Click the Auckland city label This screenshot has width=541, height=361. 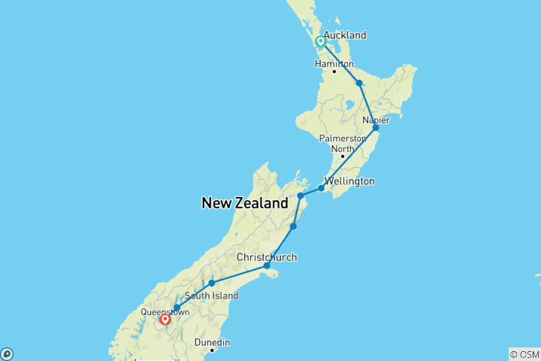[345, 35]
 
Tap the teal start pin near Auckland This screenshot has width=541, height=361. [321, 42]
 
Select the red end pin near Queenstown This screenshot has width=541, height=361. [165, 320]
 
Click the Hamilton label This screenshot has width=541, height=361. [334, 64]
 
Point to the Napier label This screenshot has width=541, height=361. [376, 120]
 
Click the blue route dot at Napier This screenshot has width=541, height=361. [376, 128]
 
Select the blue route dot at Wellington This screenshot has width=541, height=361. [321, 188]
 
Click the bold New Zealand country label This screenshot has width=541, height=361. [244, 203]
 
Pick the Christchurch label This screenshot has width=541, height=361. [267, 257]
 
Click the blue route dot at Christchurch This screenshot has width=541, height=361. [267, 265]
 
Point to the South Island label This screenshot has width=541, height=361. [217, 296]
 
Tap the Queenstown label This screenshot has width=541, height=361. [165, 311]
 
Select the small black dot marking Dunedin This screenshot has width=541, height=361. [213, 350]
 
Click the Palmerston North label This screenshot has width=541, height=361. [342, 143]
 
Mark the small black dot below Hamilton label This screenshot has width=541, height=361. [334, 72]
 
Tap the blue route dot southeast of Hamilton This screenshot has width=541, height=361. [359, 83]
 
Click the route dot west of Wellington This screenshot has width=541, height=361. [300, 196]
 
